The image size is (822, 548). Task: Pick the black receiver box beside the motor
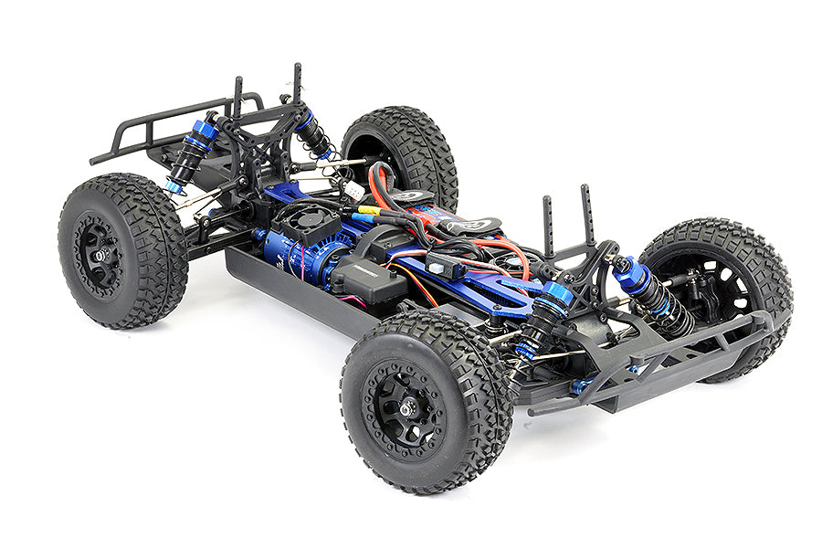[x=367, y=279]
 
